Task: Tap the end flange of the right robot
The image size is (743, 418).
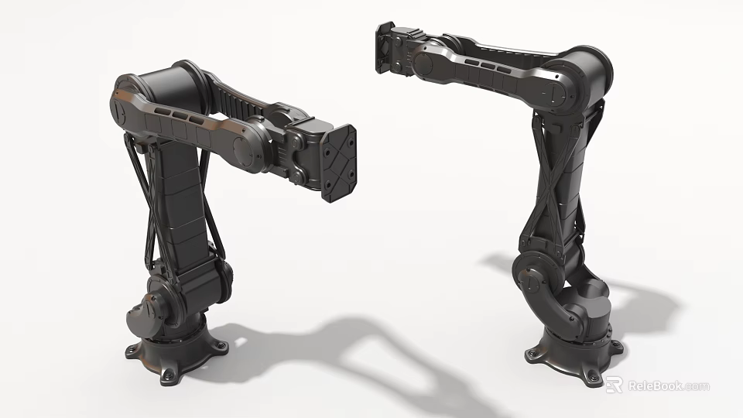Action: pos(385,49)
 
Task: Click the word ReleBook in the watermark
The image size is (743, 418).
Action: pos(657,385)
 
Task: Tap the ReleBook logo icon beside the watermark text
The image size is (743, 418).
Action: pos(614,385)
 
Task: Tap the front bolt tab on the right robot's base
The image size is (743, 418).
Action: pos(592,376)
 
